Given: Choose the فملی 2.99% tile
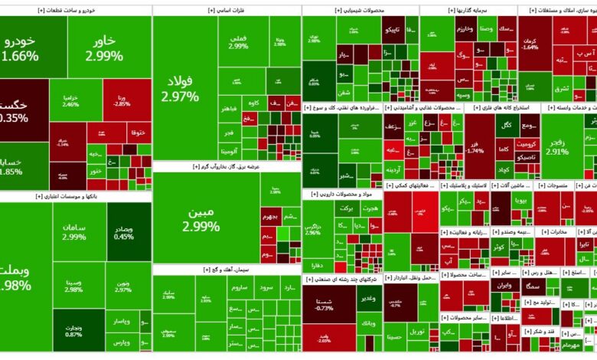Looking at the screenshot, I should [x=238, y=41].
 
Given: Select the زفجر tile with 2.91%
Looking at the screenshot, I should [x=557, y=146].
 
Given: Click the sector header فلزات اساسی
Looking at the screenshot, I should [x=227, y=11].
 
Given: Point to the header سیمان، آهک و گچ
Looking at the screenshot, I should [x=227, y=270].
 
